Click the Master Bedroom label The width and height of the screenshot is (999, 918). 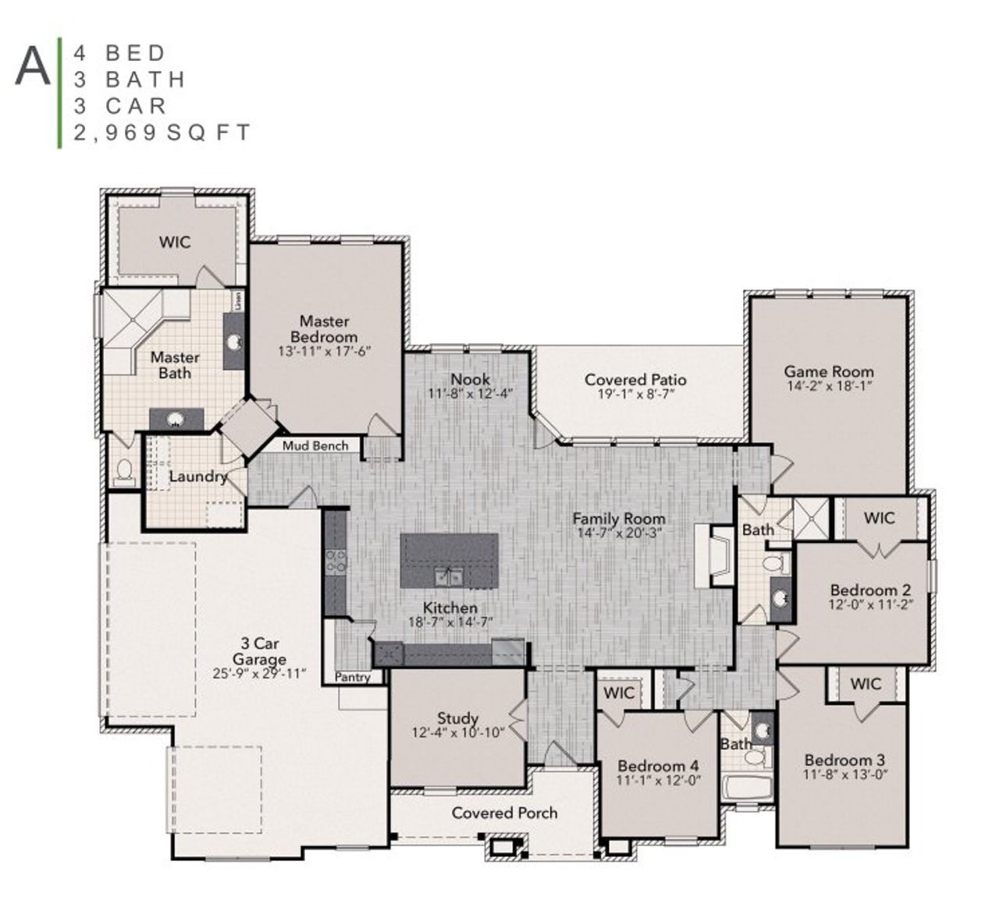(x=324, y=328)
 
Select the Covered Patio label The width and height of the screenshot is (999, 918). (x=635, y=380)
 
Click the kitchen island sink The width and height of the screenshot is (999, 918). (x=448, y=576)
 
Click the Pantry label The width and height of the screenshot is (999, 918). (x=353, y=677)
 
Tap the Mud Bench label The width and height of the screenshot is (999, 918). (x=316, y=445)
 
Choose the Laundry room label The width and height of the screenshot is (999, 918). (x=197, y=476)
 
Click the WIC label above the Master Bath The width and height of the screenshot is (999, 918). (x=174, y=242)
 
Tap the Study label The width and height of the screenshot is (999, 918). (x=457, y=718)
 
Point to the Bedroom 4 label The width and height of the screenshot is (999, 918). (x=657, y=765)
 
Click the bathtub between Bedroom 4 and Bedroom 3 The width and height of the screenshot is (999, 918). (x=747, y=788)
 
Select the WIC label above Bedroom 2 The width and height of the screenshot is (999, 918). (x=879, y=518)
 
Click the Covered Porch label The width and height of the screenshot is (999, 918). (x=504, y=813)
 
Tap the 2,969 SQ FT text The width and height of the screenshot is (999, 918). (x=162, y=133)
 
